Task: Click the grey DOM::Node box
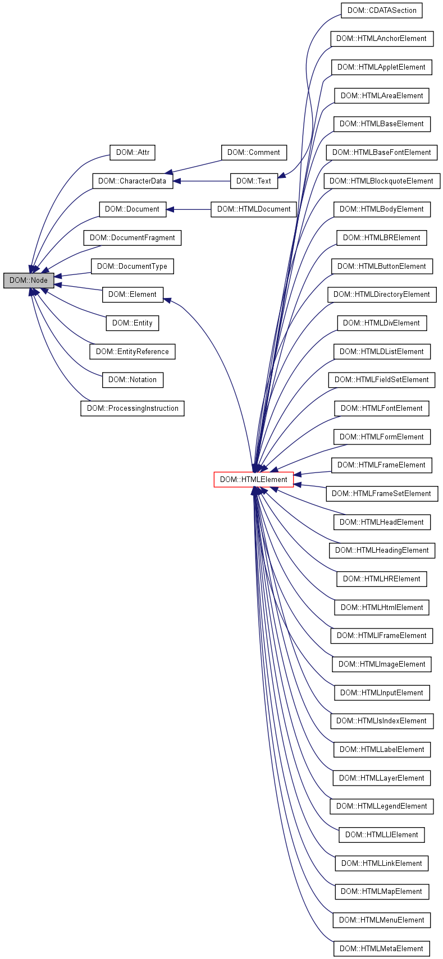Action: click(29, 280)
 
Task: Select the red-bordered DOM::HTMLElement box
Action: click(253, 479)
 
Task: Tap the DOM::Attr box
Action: click(132, 152)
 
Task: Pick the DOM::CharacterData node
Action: click(132, 181)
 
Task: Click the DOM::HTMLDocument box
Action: click(253, 209)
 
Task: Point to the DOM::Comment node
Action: click(253, 152)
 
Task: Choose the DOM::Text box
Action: click(253, 181)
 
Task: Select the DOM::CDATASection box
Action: click(382, 10)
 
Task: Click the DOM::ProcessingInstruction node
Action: click(132, 408)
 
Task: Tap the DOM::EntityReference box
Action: click(132, 351)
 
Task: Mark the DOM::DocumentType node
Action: click(132, 266)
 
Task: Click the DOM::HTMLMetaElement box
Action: click(382, 948)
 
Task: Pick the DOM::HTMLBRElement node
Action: click(382, 237)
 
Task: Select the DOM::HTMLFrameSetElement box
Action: click(382, 493)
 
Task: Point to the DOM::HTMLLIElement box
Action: click(382, 834)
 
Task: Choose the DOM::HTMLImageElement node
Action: click(382, 664)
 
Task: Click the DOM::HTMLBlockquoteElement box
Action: click(382, 181)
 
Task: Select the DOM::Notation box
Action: click(132, 379)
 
